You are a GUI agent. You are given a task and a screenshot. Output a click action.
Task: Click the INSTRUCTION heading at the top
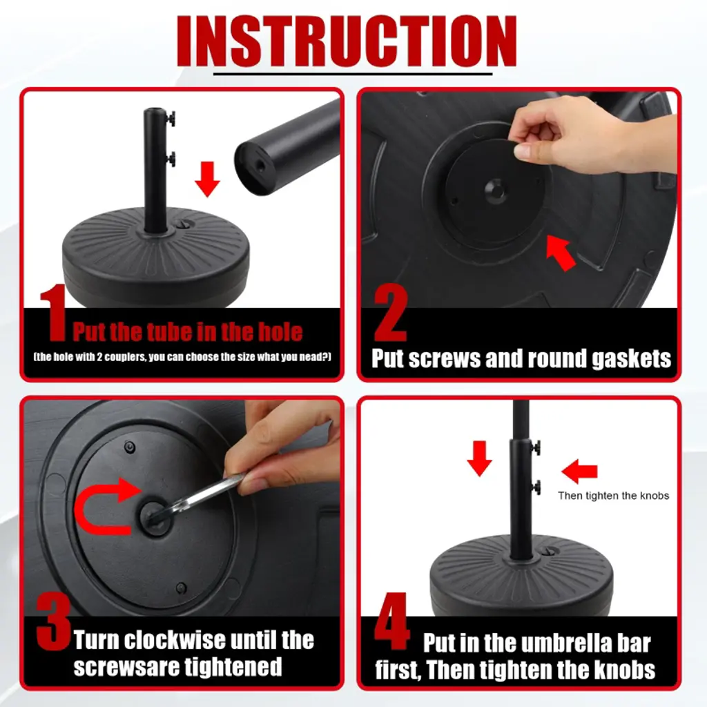tap(347, 41)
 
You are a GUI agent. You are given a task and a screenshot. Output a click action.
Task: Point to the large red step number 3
tap(53, 621)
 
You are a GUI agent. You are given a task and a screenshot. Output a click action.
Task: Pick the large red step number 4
tap(391, 621)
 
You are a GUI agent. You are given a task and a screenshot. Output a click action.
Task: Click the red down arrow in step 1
tap(207, 179)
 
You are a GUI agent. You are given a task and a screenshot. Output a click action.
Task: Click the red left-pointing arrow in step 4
tap(579, 471)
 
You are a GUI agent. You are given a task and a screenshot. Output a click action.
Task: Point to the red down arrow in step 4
tap(479, 458)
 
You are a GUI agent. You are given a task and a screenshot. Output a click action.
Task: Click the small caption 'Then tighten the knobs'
tap(613, 496)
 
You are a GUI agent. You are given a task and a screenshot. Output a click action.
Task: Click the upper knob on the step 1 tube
tap(170, 119)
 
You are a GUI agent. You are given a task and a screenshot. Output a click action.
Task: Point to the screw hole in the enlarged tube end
tap(260, 166)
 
